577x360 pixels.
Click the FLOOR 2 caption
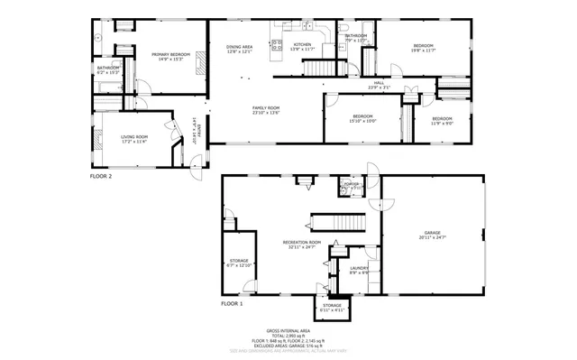101,177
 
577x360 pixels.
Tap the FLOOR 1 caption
232,305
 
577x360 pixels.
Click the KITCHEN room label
302,45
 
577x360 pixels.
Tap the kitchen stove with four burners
278,44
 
